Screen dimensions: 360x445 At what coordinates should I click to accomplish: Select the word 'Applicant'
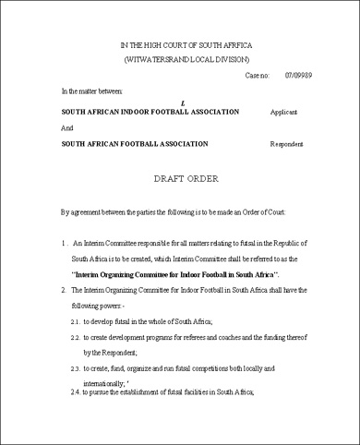[x=283, y=111]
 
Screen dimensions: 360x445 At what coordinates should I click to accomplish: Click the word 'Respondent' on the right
[x=287, y=144]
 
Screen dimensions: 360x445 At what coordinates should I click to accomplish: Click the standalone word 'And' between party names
[x=66, y=127]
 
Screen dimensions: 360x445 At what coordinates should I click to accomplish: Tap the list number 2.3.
[x=76, y=369]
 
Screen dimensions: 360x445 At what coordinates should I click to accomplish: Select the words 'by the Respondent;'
[x=114, y=353]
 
